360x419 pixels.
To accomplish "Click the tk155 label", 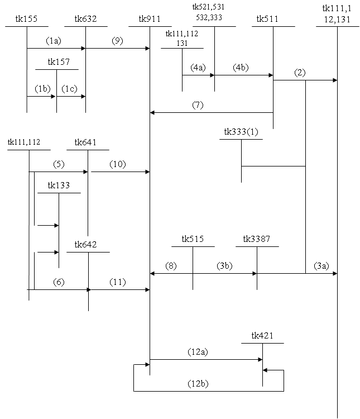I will (x=27, y=20).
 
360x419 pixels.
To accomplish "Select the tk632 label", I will (x=85, y=20).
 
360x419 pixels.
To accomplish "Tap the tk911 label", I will (x=150, y=20).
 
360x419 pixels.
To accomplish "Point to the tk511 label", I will (x=268, y=20).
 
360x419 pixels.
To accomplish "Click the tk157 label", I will (x=59, y=62).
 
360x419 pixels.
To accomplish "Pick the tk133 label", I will (x=59, y=185).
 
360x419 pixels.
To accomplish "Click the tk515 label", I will (x=193, y=240).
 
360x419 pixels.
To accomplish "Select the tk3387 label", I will (x=256, y=240).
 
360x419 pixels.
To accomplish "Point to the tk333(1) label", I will (x=241, y=132).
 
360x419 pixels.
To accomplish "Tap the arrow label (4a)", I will (x=198, y=68).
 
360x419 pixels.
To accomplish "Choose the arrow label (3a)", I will (x=321, y=266).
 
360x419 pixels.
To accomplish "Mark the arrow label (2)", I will (x=300, y=73).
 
